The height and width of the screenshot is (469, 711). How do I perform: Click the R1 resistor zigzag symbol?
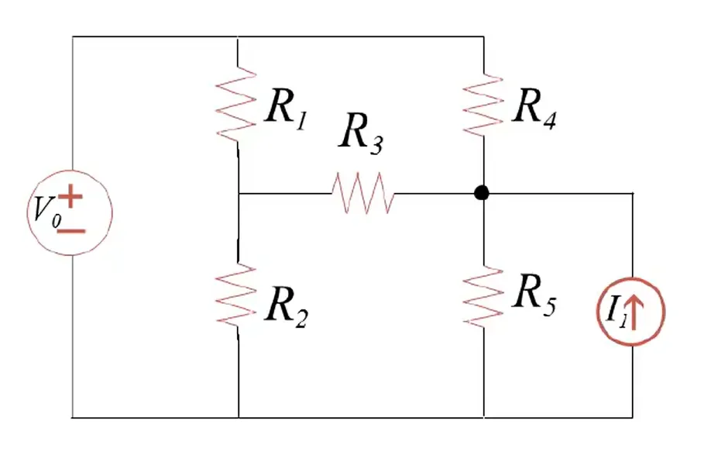tap(235, 105)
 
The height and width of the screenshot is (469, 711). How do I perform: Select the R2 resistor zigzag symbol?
tap(236, 296)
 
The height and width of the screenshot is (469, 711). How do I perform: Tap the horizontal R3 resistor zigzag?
tap(363, 192)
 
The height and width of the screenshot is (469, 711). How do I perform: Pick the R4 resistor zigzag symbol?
tap(483, 105)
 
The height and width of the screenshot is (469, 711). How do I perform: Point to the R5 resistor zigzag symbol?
tap(483, 297)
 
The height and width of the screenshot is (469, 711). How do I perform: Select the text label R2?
tap(287, 306)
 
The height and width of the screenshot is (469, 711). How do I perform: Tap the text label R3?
tap(361, 133)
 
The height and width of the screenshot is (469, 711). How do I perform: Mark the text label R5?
tap(534, 295)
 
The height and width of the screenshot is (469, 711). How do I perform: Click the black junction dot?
tap(482, 193)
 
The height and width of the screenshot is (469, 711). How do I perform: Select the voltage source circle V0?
tap(70, 171)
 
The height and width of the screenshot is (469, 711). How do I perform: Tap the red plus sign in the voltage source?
tap(70, 196)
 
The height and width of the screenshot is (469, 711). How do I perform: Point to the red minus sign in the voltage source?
tap(71, 231)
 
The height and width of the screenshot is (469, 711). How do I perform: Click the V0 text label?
tap(46, 212)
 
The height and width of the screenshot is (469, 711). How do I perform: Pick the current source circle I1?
tap(631, 278)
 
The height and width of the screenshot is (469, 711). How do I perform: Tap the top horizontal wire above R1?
tap(278, 36)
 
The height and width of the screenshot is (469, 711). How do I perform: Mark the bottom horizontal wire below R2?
tap(352, 417)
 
